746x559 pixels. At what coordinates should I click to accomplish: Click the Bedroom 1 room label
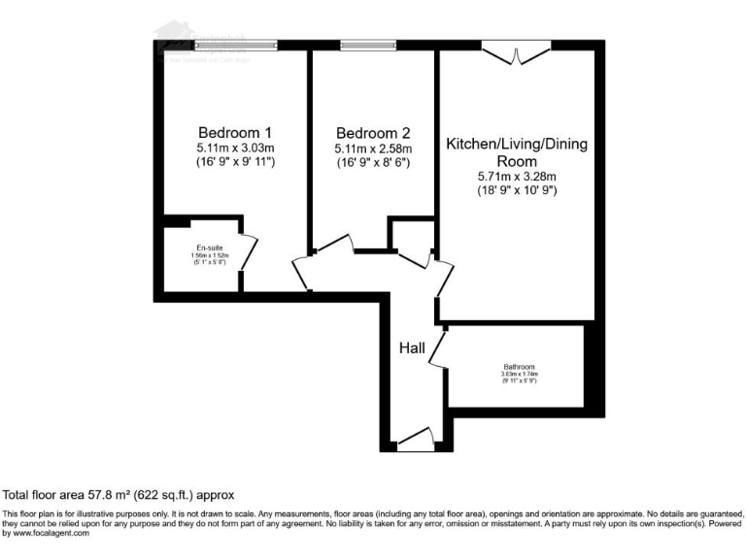[x=234, y=132]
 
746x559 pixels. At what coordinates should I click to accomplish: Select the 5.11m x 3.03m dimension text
[x=234, y=148]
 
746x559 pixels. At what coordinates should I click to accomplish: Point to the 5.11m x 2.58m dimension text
[x=373, y=148]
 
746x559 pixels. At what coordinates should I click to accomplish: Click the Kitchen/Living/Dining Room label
[x=517, y=152]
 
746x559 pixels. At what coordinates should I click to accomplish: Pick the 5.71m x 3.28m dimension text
[x=517, y=177]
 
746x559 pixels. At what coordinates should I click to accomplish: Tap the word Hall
[x=412, y=347]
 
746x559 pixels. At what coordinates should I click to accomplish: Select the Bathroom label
[x=519, y=366]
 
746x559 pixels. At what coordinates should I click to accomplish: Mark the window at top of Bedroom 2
[x=368, y=45]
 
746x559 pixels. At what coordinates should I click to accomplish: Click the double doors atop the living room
[x=516, y=52]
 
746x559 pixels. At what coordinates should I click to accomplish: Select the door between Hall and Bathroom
[x=438, y=349]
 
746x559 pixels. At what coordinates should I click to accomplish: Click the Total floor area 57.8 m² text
[x=119, y=494]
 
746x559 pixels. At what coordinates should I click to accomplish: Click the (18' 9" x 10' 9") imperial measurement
[x=517, y=191]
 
